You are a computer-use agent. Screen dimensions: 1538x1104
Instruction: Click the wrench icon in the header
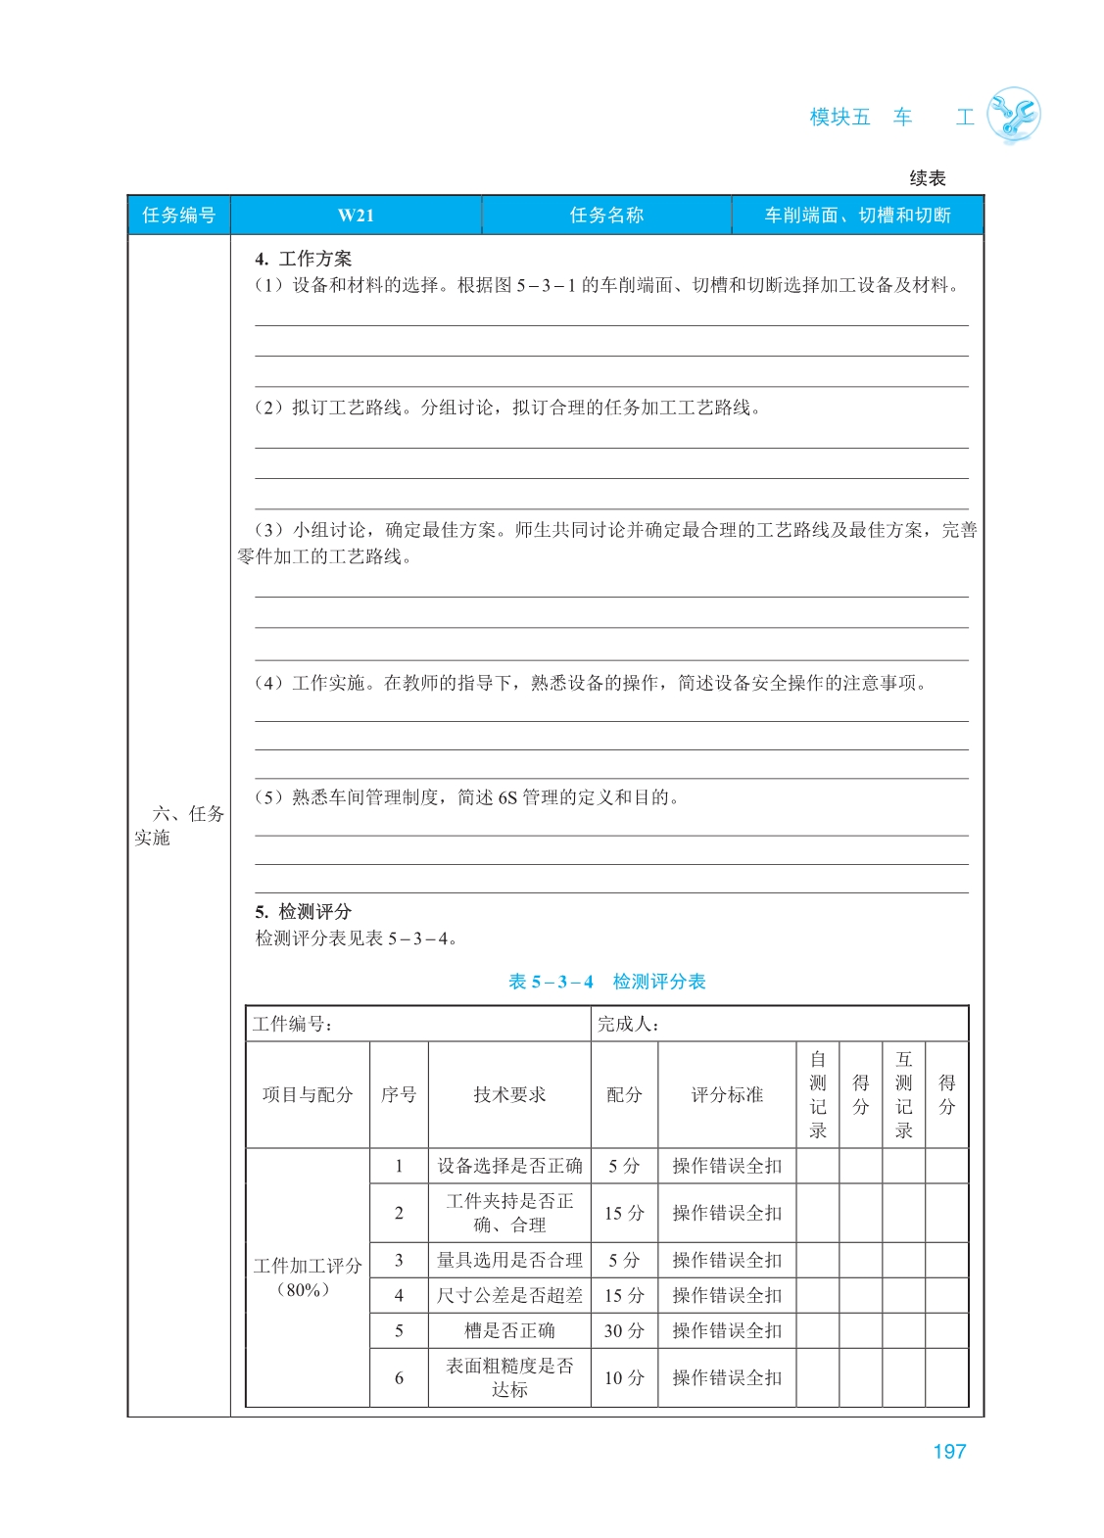(1013, 116)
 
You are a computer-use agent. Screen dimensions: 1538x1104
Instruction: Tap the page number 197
(948, 1452)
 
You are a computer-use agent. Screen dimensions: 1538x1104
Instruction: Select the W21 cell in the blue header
(356, 216)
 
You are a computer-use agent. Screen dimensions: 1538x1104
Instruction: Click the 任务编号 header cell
(178, 216)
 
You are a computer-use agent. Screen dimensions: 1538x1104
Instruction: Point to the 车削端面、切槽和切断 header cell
(857, 216)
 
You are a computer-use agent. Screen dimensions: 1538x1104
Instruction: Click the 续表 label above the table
(927, 178)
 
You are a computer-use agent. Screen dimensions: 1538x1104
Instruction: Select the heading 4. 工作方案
(303, 259)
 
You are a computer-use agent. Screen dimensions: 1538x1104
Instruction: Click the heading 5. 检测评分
(303, 911)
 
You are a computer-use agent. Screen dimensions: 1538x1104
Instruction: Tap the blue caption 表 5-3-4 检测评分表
(606, 982)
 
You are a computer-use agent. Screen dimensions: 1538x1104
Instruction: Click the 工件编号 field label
(292, 1024)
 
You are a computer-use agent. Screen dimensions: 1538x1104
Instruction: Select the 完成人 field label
(628, 1024)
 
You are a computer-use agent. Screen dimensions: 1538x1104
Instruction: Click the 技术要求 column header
(509, 1094)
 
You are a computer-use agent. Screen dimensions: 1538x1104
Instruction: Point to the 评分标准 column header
(727, 1094)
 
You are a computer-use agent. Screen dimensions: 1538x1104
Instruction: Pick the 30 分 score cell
(624, 1330)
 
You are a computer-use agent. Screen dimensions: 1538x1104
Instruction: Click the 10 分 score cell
(624, 1377)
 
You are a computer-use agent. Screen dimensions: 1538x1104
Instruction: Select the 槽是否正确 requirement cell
(509, 1330)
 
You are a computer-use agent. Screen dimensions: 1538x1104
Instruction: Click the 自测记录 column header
(818, 1094)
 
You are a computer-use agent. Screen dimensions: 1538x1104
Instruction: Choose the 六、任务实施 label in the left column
(179, 825)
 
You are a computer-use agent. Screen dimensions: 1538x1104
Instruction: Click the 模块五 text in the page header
(840, 118)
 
